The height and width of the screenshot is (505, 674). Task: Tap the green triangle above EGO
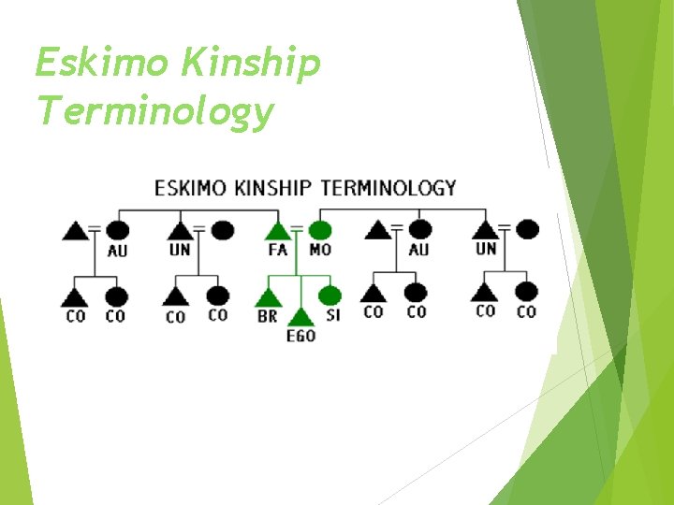(300, 317)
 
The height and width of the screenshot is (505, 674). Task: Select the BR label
(267, 317)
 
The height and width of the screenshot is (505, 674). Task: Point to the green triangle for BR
(268, 297)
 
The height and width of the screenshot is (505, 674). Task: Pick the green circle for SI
(330, 296)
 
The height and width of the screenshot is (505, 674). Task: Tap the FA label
(278, 250)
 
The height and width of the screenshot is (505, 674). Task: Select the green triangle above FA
(277, 230)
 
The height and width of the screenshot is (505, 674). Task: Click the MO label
(320, 250)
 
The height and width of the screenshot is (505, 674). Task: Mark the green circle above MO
(320, 229)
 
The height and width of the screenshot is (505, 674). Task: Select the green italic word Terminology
(154, 111)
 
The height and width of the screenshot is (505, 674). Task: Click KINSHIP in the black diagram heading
(271, 188)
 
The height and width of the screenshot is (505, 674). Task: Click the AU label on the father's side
(118, 250)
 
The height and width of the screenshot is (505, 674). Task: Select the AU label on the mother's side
(418, 250)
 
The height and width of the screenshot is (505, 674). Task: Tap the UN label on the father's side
(180, 250)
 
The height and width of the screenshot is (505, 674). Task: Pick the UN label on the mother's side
(486, 250)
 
